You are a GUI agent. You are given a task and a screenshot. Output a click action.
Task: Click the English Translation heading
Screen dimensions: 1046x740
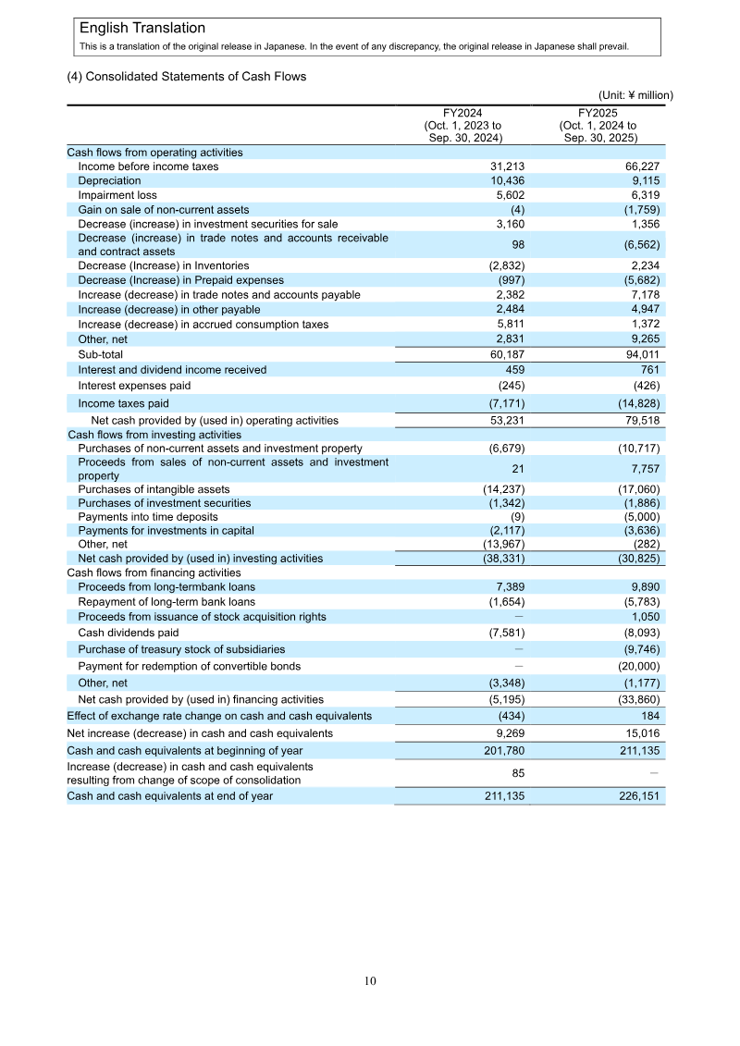point(142,29)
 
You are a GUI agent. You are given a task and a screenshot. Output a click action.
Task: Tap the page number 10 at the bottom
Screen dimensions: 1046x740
point(370,981)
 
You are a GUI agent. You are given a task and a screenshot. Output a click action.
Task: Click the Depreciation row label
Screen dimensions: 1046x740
point(109,181)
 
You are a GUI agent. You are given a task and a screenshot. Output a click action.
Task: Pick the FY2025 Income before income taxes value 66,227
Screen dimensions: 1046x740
point(640,166)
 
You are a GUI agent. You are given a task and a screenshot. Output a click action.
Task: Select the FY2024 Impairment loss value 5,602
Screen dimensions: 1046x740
point(507,195)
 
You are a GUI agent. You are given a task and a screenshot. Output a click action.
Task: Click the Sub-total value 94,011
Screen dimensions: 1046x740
point(640,354)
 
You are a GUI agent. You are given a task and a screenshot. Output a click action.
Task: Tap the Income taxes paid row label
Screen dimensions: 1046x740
point(123,403)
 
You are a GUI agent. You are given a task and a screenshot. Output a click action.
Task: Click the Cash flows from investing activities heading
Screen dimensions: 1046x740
point(154,434)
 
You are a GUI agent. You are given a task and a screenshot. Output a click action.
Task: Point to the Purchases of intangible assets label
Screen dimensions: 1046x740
point(154,489)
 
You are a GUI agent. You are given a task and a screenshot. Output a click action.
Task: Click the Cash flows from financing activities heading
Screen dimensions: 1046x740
point(154,572)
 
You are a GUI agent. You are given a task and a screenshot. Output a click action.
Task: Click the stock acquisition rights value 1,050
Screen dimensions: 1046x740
point(645,616)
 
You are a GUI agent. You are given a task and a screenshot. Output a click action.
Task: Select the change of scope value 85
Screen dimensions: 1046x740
point(518,773)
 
